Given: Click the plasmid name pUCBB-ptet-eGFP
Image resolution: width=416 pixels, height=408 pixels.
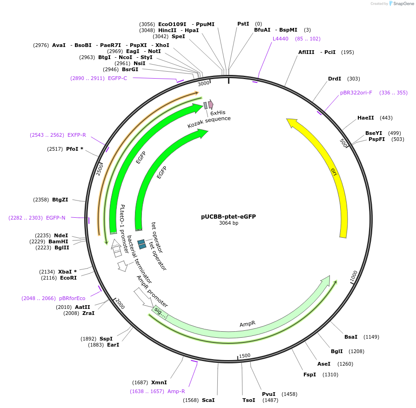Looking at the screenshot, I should tap(228, 216).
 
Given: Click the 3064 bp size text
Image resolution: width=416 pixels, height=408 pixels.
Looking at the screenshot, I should tap(228, 223).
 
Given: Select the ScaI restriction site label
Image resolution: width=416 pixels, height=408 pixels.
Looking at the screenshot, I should tap(208, 400).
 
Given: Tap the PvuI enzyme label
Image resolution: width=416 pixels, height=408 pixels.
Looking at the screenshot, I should tap(268, 394).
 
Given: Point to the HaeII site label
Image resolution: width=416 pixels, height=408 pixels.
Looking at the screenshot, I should tap(365, 118).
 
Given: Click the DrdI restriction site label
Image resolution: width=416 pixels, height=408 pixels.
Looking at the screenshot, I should tap(335, 79).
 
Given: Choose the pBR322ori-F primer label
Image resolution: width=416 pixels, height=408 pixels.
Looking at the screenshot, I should tap(356, 93).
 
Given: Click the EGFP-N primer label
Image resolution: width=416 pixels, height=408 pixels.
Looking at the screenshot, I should tap(56, 218).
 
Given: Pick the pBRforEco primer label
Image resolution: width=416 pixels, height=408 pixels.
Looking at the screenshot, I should tap(72, 298).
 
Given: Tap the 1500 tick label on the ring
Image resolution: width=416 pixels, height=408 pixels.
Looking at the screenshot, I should tap(245, 356).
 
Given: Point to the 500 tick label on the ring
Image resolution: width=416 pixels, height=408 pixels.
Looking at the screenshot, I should tap(344, 142).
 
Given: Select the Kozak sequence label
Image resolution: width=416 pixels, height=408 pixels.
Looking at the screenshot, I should tap(209, 122).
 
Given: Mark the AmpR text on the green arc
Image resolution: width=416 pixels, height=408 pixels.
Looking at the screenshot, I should tap(248, 324).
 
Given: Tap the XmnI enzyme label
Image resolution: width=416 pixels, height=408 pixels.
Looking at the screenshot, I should tap(159, 382).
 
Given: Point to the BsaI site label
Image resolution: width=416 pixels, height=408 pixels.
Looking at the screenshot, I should tap(351, 337).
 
